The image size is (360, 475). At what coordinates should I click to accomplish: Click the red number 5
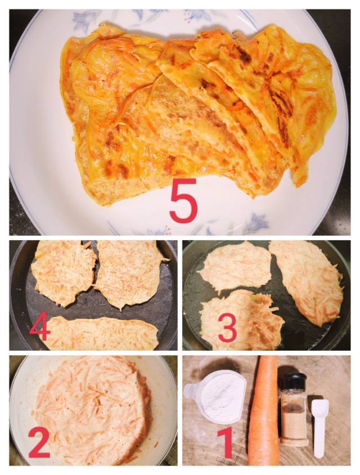coord(183,200)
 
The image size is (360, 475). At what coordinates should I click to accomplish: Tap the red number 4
coord(40,326)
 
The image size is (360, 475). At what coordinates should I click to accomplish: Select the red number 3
coord(227,328)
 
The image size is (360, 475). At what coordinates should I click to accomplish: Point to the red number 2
coord(39,443)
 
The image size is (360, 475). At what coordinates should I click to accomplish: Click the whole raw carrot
coord(264,410)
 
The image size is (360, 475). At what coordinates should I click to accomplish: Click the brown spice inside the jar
coord(293,424)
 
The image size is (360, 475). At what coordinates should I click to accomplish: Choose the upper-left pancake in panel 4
coord(63,272)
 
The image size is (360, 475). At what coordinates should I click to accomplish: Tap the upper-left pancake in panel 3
coord(235,266)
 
